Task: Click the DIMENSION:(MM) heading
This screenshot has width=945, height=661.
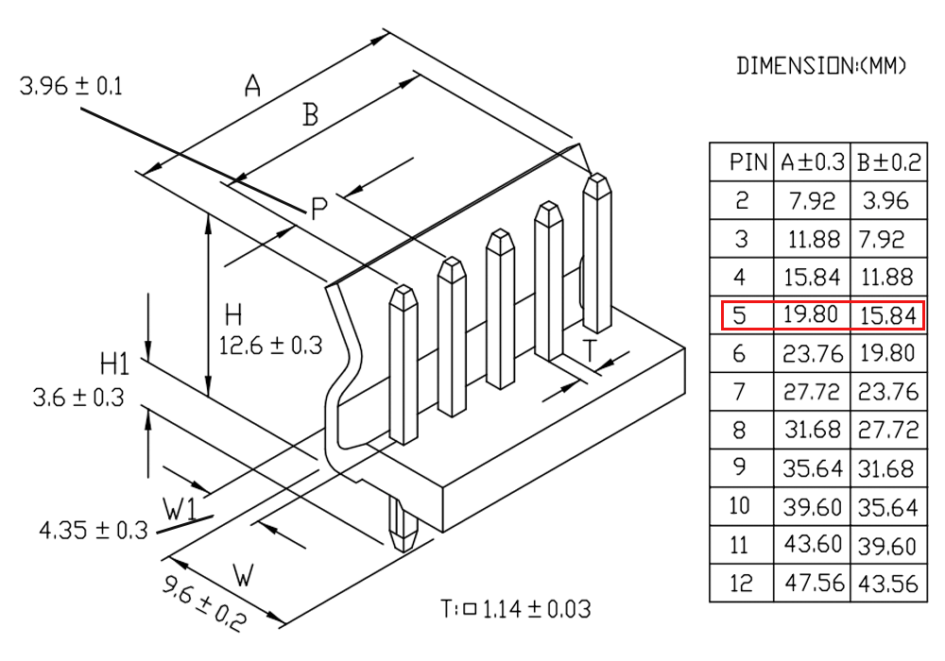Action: (821, 66)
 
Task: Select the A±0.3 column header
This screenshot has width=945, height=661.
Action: (812, 162)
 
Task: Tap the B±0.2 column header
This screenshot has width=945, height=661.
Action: (887, 162)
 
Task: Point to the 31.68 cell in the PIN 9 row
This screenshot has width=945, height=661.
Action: (887, 468)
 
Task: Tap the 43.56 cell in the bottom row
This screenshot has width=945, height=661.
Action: (887, 584)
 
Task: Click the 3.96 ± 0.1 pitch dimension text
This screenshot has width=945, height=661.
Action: (71, 87)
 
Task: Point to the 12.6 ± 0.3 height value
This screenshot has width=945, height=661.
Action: (270, 346)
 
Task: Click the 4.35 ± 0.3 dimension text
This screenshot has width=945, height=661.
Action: (94, 529)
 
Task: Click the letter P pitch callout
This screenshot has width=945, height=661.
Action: (319, 209)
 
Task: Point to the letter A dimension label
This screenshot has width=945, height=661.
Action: (252, 87)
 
